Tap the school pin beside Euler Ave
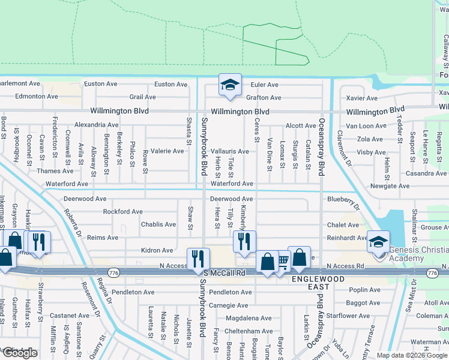pyautogui.click(x=229, y=86)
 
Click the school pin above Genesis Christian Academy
pyautogui.click(x=378, y=243)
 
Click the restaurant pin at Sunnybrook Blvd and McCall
pyautogui.click(x=198, y=259)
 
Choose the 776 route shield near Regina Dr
pyautogui.click(x=112, y=273)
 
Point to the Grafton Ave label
pyautogui.click(x=263, y=97)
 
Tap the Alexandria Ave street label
pyautogui.click(x=96, y=125)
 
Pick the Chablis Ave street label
pyautogui.click(x=158, y=224)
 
